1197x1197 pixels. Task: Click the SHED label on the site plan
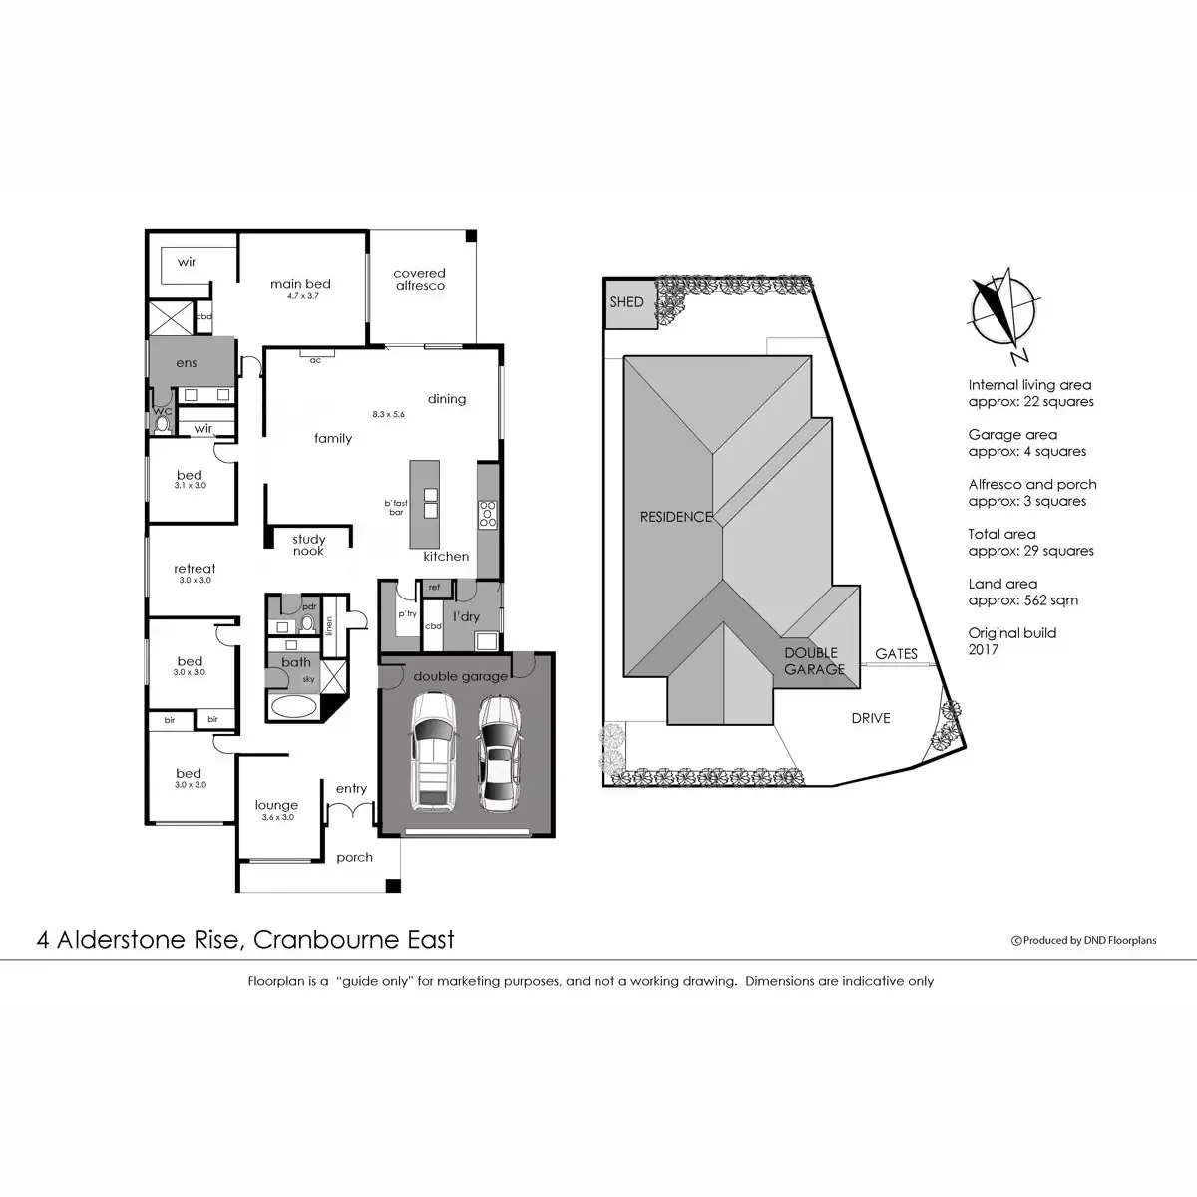click(x=626, y=301)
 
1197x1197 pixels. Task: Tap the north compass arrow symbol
click(x=1005, y=310)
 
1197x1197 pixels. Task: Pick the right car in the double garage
click(x=498, y=752)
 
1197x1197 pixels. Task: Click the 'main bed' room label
click(x=300, y=284)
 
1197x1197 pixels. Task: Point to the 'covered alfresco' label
click(x=419, y=279)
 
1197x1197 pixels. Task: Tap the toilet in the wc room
click(x=162, y=423)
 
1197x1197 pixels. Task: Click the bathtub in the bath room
click(x=292, y=708)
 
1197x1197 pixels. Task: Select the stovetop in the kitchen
click(x=488, y=513)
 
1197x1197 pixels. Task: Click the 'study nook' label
click(x=308, y=545)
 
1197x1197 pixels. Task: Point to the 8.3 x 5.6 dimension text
click(x=388, y=414)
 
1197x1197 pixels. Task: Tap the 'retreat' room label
click(x=195, y=569)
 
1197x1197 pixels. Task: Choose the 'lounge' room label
click(x=276, y=805)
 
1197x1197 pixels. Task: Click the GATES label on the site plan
click(x=896, y=654)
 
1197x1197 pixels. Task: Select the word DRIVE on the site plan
click(x=870, y=718)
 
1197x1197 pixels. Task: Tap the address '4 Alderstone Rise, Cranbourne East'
click(x=245, y=939)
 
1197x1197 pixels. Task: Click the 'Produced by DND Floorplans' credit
click(x=1084, y=940)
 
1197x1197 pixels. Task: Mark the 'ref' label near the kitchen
click(x=434, y=588)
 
